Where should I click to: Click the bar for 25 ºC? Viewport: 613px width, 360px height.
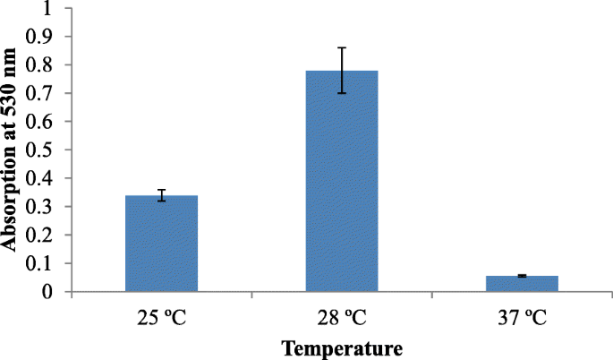(161, 244)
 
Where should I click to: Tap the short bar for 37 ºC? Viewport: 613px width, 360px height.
(522, 283)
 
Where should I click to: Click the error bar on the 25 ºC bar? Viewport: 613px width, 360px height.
(161, 195)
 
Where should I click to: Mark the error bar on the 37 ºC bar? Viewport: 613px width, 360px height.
(522, 276)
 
